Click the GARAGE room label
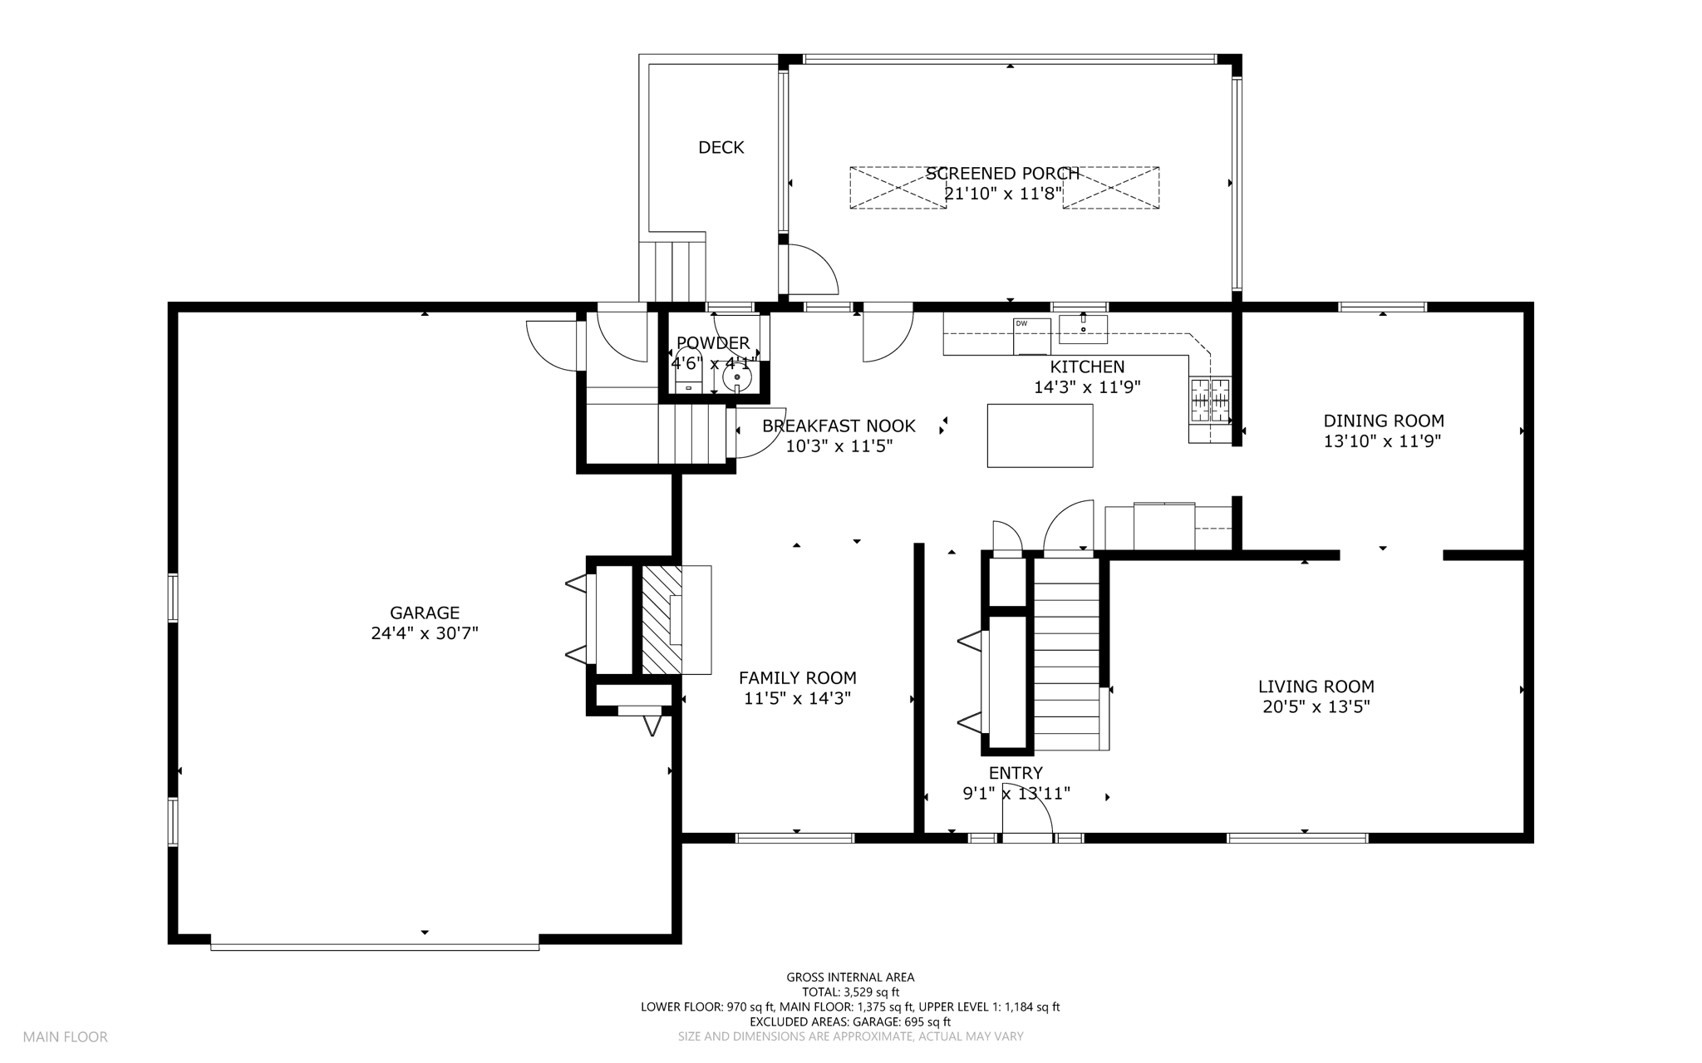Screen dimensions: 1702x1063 pos(425,613)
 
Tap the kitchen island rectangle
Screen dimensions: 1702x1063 pos(1040,436)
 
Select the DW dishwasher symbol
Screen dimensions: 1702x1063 pos(1032,336)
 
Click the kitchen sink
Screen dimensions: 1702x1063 pos(1083,329)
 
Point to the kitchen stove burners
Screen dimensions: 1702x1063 pos(1210,401)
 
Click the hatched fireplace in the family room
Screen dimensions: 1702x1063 pos(662,619)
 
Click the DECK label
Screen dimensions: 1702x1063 pos(721,147)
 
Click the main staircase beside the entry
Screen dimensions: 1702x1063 pos(1067,654)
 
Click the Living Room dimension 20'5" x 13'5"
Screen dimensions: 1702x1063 pos(1316,707)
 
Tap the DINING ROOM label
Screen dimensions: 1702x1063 pos(1384,421)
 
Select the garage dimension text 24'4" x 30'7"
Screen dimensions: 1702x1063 pos(425,633)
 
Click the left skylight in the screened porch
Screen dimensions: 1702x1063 pos(898,188)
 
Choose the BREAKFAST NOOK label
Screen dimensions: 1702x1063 pos(839,426)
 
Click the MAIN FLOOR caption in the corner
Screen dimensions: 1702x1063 pos(66,1036)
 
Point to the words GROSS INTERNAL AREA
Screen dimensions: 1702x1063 pos(850,977)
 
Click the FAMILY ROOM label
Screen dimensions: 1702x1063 pos(798,678)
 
